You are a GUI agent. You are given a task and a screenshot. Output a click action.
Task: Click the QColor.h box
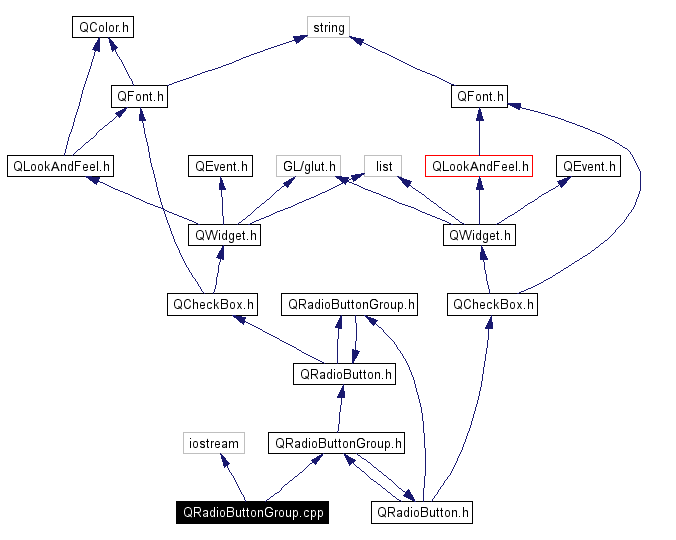point(103,27)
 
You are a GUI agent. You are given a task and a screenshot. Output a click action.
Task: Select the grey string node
point(328,27)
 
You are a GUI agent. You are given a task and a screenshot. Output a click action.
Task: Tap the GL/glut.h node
point(309,166)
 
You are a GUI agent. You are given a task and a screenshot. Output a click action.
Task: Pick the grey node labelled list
point(383,166)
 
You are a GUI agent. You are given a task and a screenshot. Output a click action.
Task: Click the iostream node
point(214,443)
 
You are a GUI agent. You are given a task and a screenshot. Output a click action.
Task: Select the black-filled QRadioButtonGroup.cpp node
point(252,512)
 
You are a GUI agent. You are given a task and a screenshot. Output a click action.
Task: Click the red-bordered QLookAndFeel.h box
point(479,166)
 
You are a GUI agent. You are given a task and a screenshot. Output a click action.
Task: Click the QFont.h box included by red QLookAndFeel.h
point(479,97)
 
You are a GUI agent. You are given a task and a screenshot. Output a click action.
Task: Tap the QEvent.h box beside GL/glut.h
point(221,166)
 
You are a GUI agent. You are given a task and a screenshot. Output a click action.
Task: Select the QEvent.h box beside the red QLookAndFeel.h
point(589,166)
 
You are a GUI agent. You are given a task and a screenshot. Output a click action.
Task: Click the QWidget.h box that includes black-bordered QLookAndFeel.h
point(224,235)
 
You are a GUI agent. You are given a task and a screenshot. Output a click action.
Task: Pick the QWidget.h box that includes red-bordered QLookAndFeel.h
point(479,235)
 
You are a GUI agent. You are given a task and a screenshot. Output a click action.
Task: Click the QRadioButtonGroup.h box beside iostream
point(338,443)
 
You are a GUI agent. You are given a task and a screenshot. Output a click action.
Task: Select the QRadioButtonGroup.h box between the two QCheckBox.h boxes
point(351,304)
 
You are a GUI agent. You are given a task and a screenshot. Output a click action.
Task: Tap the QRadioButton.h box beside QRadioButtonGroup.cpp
point(421,512)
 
